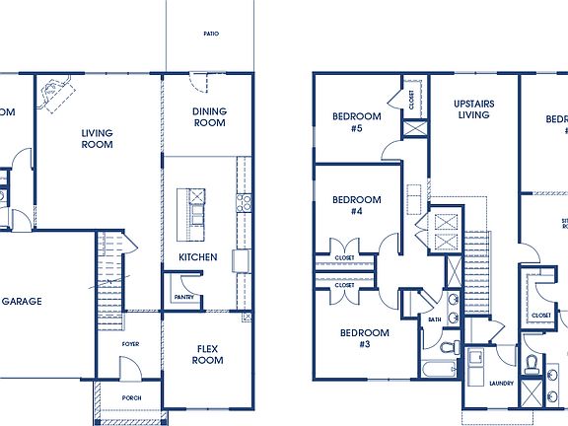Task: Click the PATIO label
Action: [211, 34]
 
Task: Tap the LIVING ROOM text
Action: [97, 139]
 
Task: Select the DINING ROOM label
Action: [209, 117]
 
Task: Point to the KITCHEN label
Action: [198, 257]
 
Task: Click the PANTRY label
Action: [183, 297]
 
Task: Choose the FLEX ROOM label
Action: [207, 354]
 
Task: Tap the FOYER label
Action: [131, 344]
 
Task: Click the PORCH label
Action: [131, 399]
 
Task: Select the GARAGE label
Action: [22, 301]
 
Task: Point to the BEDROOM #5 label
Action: [356, 121]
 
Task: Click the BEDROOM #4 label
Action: [356, 205]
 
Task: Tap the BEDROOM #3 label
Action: [364, 338]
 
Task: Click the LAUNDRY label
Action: [501, 383]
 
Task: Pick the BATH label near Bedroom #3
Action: [435, 319]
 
